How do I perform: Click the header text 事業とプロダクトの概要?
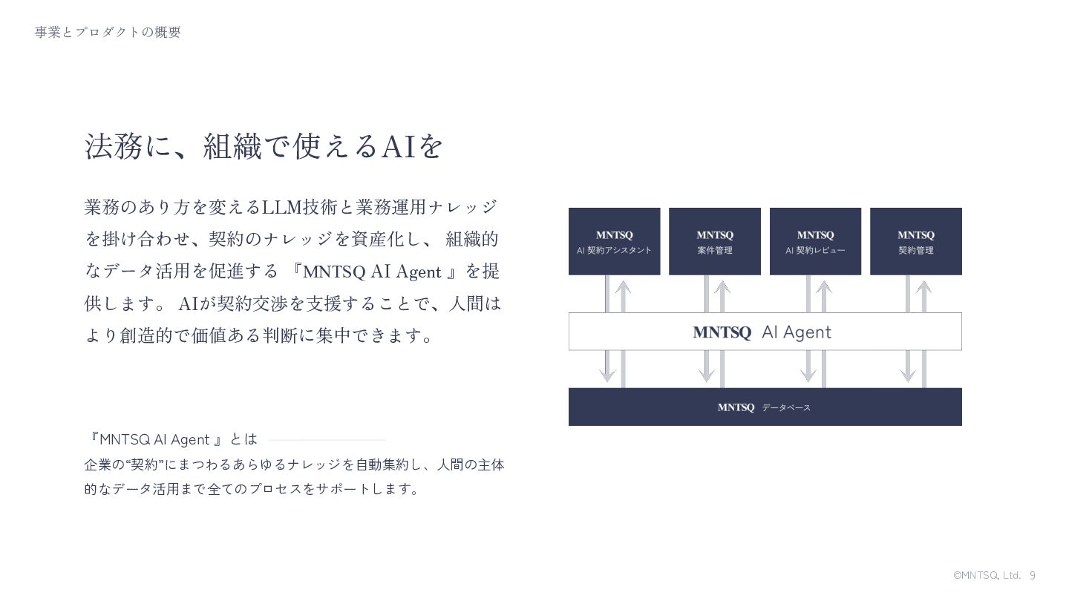pos(108,32)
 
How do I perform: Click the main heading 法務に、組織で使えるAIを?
pos(264,146)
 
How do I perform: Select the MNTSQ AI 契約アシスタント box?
pos(614,242)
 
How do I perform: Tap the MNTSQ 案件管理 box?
pos(714,242)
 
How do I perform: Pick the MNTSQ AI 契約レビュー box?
pos(815,242)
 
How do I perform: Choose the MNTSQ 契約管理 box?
pos(915,242)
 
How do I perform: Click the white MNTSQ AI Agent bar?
pos(765,332)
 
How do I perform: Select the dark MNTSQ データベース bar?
pos(765,407)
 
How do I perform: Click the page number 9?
pos(1033,576)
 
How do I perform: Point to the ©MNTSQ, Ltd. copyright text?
pos(987,576)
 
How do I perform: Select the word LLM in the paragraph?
pos(281,207)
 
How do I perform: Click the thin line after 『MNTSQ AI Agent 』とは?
pos(327,440)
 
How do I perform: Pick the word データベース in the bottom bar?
pos(786,408)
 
